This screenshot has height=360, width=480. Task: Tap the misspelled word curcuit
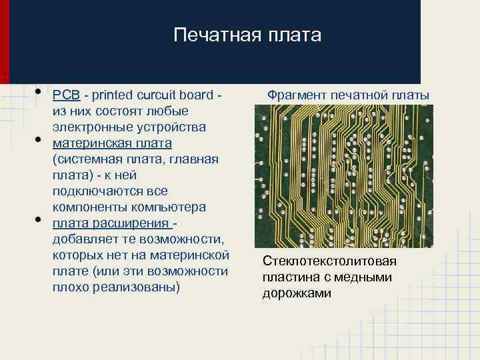(x=148, y=95)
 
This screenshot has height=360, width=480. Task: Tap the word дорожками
(x=297, y=293)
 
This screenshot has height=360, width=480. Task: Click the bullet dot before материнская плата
(x=39, y=140)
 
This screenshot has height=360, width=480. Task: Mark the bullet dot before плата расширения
(x=39, y=220)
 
